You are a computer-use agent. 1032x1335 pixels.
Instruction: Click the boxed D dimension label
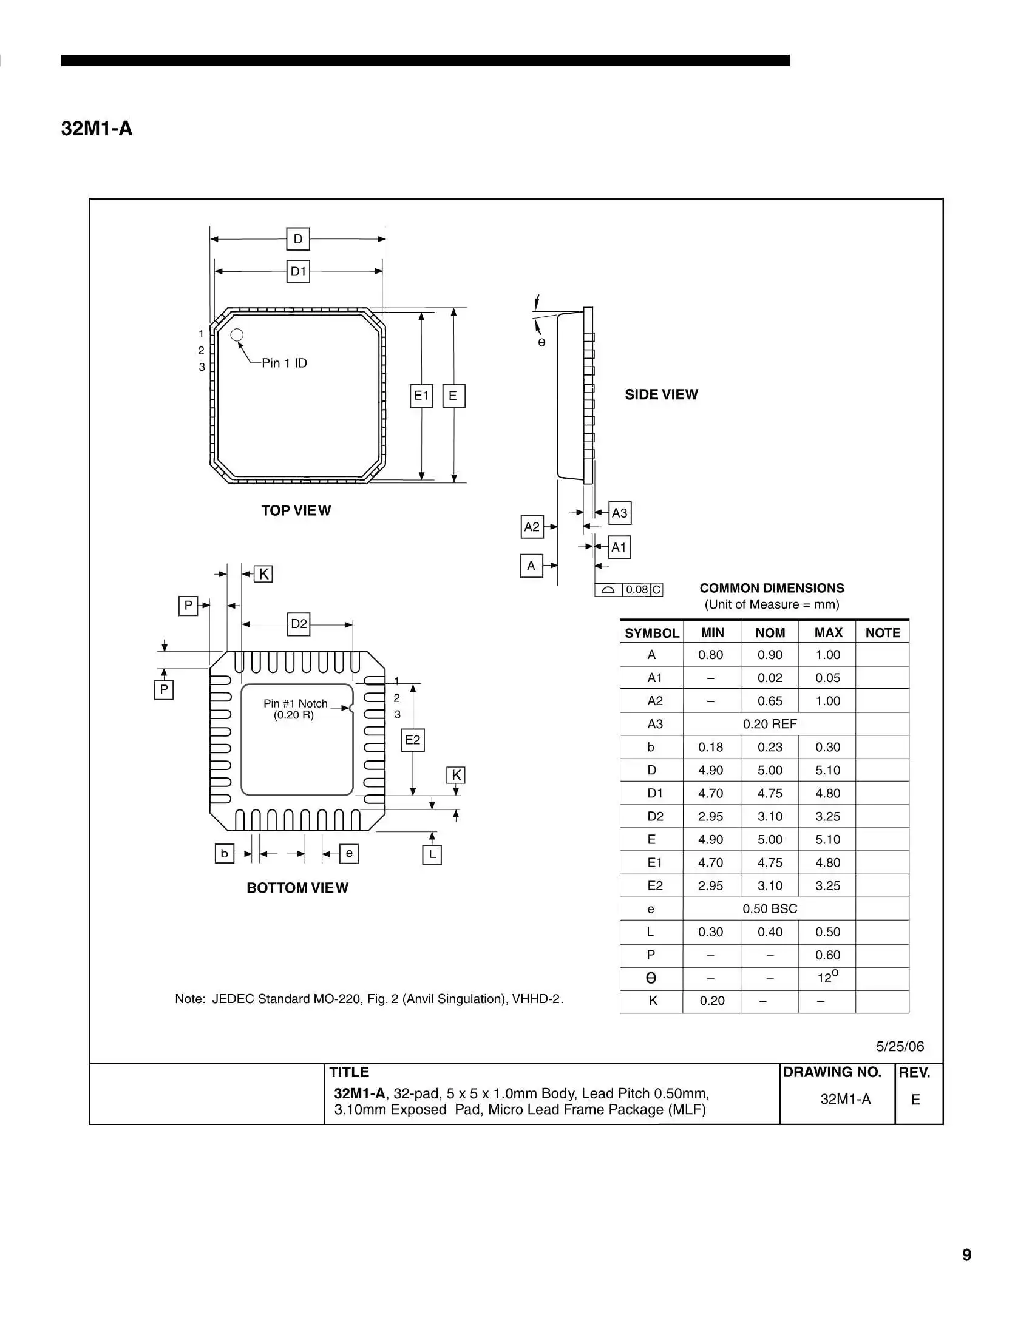pyautogui.click(x=297, y=239)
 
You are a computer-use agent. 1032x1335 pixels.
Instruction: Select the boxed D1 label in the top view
pyautogui.click(x=297, y=271)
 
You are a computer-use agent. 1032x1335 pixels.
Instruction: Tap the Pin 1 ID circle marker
pyautogui.click(x=237, y=335)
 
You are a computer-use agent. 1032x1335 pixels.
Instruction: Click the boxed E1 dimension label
pyautogui.click(x=421, y=396)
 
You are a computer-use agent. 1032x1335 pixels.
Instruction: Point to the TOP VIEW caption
pyautogui.click(x=296, y=510)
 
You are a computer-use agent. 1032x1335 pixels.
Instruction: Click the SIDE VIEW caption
pyautogui.click(x=661, y=394)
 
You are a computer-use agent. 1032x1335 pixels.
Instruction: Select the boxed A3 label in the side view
pyautogui.click(x=619, y=513)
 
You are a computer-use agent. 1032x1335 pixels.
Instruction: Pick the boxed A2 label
pyautogui.click(x=532, y=526)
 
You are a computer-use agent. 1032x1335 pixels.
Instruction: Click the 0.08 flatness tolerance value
pyautogui.click(x=636, y=589)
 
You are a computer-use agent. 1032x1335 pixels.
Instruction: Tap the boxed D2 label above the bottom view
pyautogui.click(x=298, y=624)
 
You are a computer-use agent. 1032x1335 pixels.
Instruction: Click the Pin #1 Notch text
pyautogui.click(x=295, y=703)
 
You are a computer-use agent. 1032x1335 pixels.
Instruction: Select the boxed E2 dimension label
pyautogui.click(x=413, y=740)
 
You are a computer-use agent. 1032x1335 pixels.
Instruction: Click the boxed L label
pyautogui.click(x=432, y=854)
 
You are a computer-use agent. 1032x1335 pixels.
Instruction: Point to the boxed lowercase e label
pyautogui.click(x=349, y=853)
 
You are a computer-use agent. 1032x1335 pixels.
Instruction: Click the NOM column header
pyautogui.click(x=770, y=633)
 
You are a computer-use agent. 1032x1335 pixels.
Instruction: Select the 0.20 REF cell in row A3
pyautogui.click(x=770, y=724)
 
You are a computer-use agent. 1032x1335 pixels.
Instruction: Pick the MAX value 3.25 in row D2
pyautogui.click(x=828, y=816)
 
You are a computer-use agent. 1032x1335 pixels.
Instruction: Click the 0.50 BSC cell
pyautogui.click(x=770, y=909)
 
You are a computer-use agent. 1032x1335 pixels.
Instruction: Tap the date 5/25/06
pyautogui.click(x=900, y=1046)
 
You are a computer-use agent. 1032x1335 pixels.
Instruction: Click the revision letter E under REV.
pyautogui.click(x=915, y=1100)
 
